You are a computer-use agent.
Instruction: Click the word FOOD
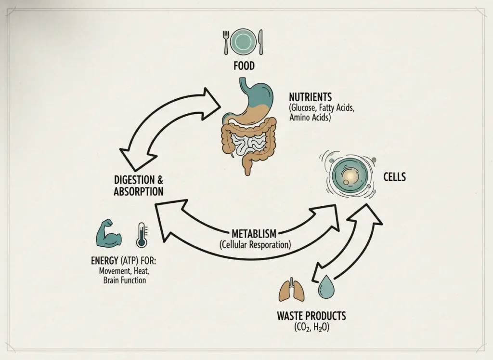[x=244, y=66]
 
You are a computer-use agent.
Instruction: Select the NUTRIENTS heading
[x=311, y=96]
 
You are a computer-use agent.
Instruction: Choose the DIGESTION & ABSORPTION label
[x=138, y=186]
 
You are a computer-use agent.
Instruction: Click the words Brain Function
[x=125, y=280]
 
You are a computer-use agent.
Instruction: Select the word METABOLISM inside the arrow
[x=254, y=234]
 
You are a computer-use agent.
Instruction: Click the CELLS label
[x=394, y=177]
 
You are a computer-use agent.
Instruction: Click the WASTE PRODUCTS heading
[x=311, y=317]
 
